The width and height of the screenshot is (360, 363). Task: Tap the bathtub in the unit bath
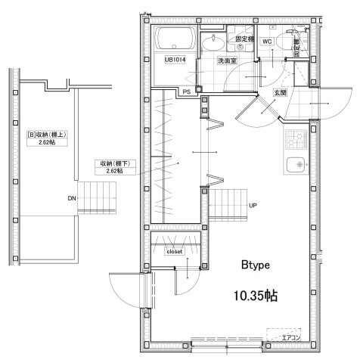coord(175,39)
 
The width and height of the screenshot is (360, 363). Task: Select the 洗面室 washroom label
coord(227,61)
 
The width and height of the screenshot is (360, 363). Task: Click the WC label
coord(267,42)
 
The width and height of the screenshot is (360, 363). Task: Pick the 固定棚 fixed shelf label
coord(244,38)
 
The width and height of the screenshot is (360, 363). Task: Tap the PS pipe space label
coord(186,92)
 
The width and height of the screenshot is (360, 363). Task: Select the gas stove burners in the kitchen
coord(294,138)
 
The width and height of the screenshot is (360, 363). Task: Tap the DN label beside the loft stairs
coord(71,199)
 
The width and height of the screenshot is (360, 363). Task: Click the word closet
coord(175,252)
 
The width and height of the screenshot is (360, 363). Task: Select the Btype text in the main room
coord(256,265)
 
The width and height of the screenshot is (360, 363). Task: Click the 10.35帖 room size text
coord(256,296)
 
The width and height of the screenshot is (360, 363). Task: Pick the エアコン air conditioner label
coord(291,338)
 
